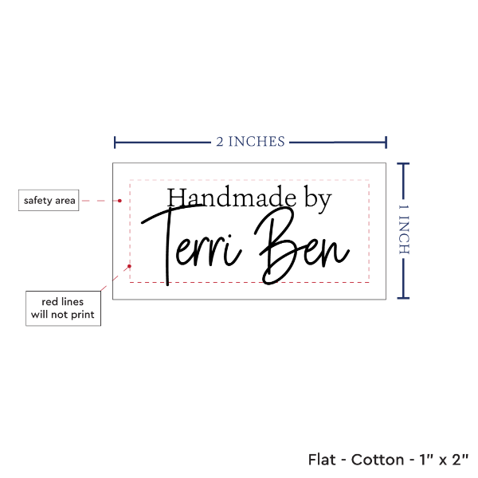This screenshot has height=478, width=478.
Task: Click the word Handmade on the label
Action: pos(231,198)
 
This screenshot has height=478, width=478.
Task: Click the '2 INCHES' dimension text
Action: pos(250,142)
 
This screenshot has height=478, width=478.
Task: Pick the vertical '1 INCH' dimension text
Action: pos(404,229)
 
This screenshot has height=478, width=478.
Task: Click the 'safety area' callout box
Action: pos(49,200)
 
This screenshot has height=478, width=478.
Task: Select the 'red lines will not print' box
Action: pos(63,308)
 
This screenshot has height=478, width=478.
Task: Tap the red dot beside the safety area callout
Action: pos(119,201)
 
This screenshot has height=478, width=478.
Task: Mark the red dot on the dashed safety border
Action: pos(129,266)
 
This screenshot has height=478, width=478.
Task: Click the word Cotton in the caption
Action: pos(378,460)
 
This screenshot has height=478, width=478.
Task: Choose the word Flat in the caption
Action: pos(322,460)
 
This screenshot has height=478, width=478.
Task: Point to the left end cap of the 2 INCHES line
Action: pos(115,143)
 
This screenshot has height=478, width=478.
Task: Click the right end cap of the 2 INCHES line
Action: pos(386,143)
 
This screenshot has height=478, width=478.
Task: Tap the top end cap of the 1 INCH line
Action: pos(403,164)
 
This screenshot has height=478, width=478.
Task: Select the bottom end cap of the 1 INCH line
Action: pos(403,298)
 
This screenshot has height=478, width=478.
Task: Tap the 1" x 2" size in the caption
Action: pos(444,460)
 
